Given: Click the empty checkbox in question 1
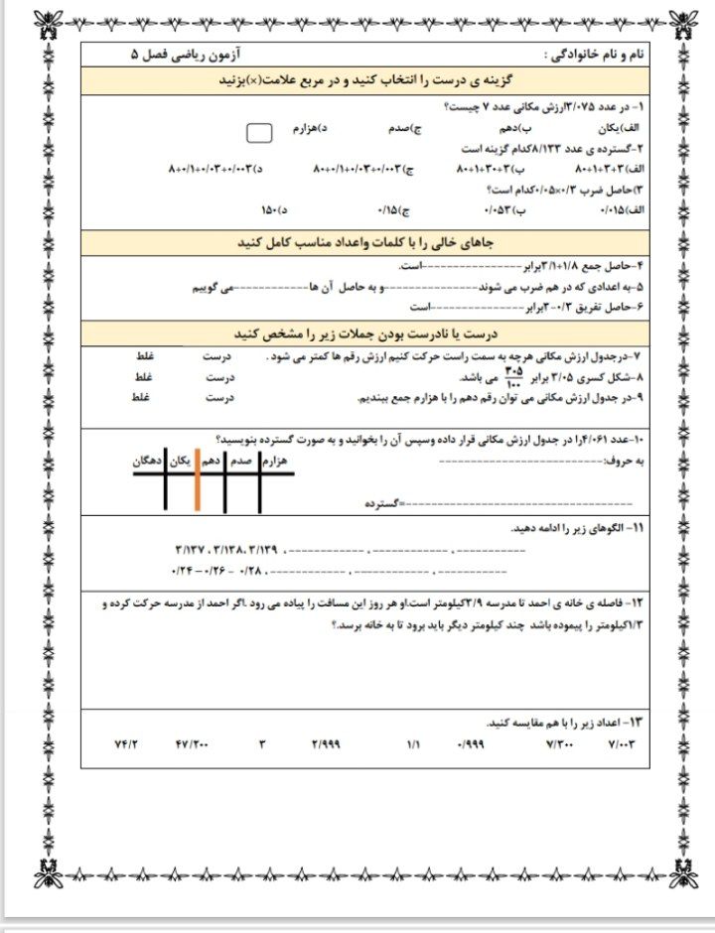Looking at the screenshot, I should tap(259, 132).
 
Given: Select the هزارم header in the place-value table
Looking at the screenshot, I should tap(275, 462).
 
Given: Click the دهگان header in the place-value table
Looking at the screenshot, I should tap(148, 462).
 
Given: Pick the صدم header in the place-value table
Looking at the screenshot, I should tap(242, 462).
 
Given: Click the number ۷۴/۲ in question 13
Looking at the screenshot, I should tap(127, 743).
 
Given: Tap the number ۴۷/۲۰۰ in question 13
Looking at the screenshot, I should tap(192, 743).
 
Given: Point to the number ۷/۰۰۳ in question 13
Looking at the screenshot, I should tap(618, 743).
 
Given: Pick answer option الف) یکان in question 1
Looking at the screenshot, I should tap(623, 129).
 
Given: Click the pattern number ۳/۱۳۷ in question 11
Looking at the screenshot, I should tap(189, 549).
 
